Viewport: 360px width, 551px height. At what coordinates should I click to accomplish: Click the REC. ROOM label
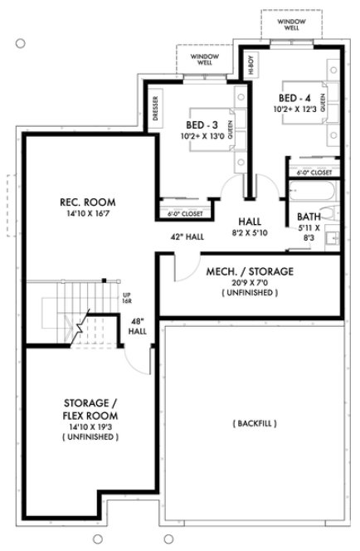86,202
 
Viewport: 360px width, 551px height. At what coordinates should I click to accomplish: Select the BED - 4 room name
297,98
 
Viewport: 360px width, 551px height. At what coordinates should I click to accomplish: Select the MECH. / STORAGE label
250,271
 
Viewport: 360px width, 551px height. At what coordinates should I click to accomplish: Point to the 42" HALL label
188,236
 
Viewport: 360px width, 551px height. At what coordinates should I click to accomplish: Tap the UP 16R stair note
128,298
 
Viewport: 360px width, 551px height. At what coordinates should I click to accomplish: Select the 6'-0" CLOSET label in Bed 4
314,172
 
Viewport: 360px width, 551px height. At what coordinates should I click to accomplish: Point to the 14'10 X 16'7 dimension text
86,214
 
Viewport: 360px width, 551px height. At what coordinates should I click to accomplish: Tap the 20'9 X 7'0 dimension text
250,283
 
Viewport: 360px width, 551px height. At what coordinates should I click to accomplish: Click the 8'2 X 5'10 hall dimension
250,234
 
